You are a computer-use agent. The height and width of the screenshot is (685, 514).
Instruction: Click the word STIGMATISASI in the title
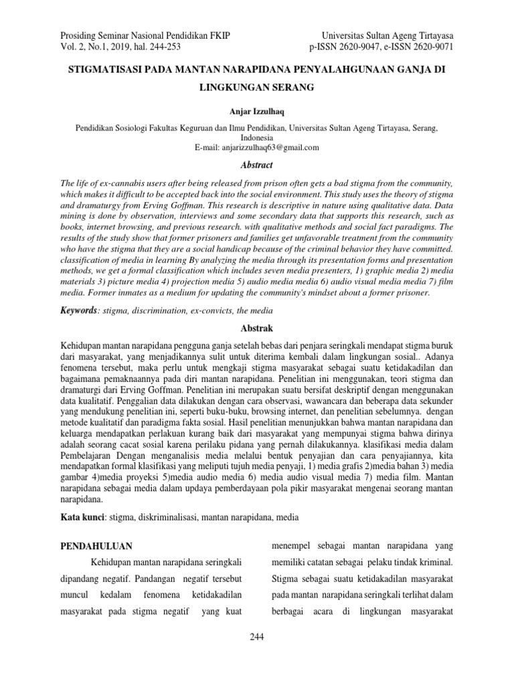104,70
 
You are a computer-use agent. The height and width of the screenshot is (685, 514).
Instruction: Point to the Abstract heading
257,165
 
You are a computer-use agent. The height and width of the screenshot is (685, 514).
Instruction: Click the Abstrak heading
257,329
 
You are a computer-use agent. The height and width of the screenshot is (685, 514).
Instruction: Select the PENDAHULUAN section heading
96,547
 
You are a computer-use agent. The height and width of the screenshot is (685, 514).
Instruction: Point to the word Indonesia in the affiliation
257,137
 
